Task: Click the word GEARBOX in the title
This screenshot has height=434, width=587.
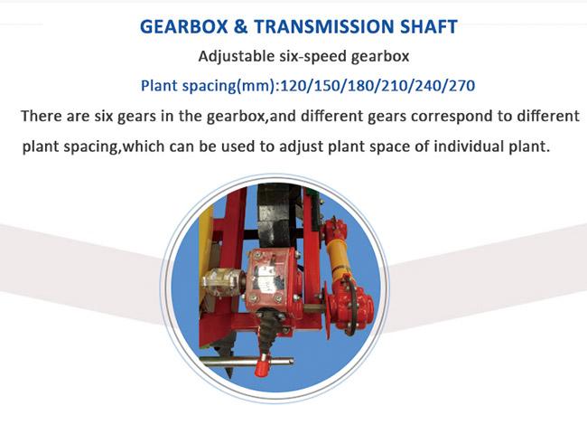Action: tap(184, 26)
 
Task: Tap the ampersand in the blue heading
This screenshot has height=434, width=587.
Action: tap(241, 26)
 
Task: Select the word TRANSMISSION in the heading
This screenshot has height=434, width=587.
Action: tap(324, 26)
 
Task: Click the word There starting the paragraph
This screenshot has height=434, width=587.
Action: tap(42, 116)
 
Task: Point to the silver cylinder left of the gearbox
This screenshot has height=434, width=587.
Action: tap(221, 282)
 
